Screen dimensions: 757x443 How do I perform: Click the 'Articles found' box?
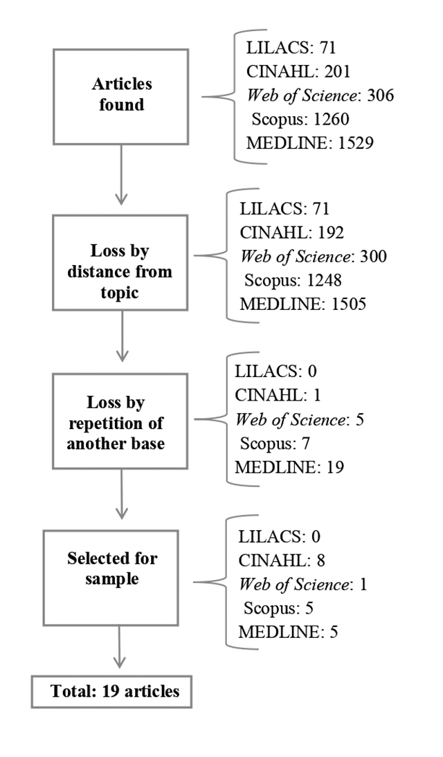click(120, 96)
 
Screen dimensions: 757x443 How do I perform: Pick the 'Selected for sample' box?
click(111, 578)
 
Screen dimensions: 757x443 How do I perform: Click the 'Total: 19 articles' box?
click(111, 691)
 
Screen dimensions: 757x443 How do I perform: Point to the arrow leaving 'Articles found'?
click(121, 174)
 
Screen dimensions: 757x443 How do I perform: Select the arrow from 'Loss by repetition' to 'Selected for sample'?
click(121, 494)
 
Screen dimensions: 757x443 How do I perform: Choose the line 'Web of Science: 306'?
click(320, 95)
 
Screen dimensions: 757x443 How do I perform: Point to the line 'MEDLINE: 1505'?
click(301, 304)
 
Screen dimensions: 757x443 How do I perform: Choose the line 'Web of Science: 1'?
click(302, 585)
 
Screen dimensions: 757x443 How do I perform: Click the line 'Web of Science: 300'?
click(313, 257)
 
